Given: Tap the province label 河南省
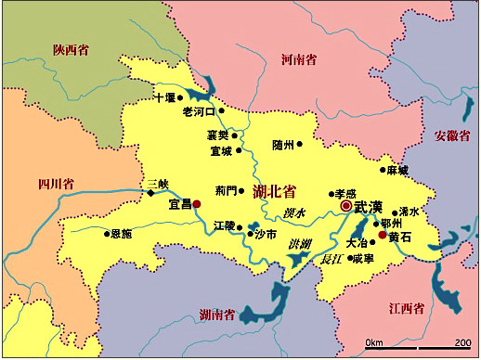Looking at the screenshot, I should pyautogui.click(x=299, y=59).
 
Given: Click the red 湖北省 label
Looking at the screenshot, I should pyautogui.click(x=274, y=192).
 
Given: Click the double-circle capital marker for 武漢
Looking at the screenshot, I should pyautogui.click(x=346, y=206).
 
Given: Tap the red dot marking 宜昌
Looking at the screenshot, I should pyautogui.click(x=196, y=203).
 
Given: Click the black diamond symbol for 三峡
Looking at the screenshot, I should pyautogui.click(x=150, y=193).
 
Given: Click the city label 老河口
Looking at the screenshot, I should pyautogui.click(x=198, y=111).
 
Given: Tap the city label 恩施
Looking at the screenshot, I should pyautogui.click(x=122, y=234).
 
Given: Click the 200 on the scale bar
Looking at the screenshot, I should pyautogui.click(x=461, y=342).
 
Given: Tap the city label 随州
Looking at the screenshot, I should pyautogui.click(x=283, y=145).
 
